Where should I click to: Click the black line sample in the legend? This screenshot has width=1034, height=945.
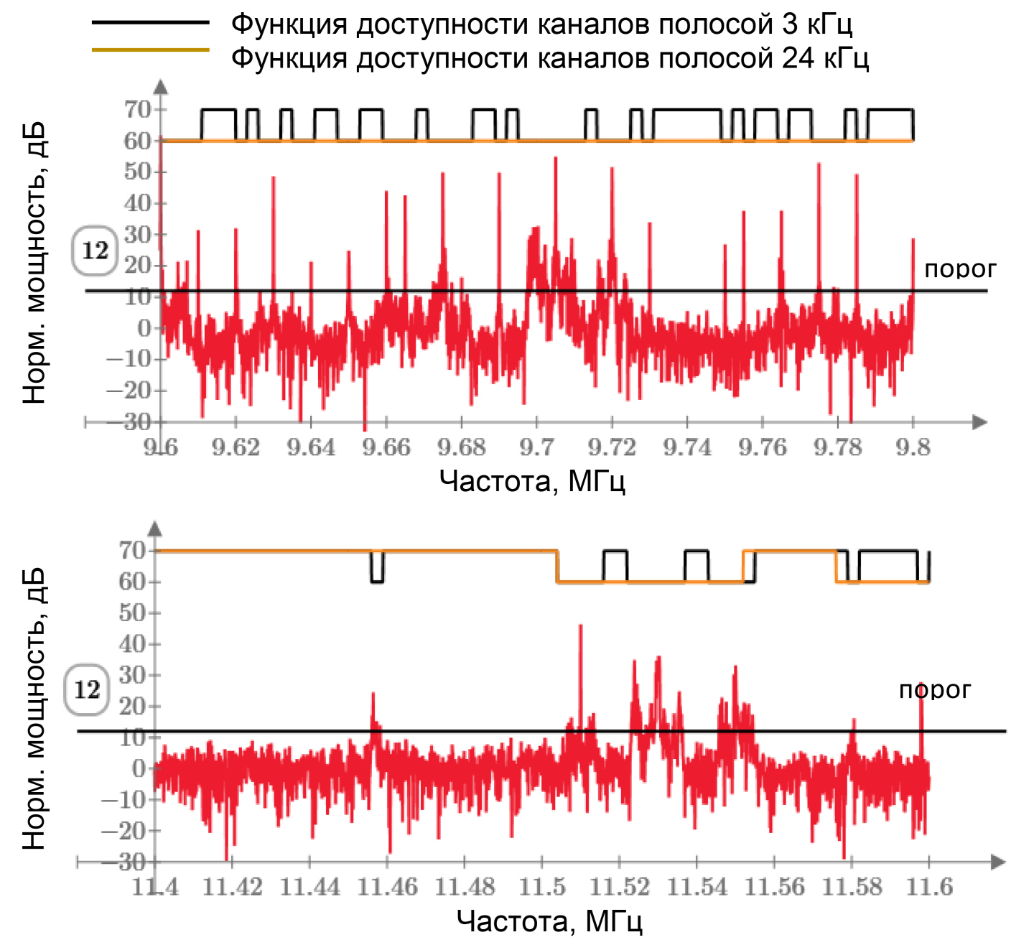click(150, 22)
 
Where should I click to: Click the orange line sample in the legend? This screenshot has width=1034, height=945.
click(150, 50)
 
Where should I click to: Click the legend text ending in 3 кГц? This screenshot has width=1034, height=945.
click(541, 24)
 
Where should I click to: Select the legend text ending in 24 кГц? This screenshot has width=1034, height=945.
click(550, 57)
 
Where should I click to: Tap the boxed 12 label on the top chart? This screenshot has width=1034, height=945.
click(95, 251)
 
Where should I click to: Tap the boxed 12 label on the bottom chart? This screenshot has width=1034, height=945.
click(87, 690)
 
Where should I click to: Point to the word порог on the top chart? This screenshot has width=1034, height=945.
click(960, 269)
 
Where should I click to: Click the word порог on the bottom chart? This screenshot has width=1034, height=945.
click(934, 690)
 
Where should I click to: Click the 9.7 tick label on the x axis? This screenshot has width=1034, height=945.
click(536, 447)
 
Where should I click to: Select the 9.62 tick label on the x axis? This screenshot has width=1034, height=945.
click(236, 447)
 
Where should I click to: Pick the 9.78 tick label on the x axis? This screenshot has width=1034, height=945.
click(837, 447)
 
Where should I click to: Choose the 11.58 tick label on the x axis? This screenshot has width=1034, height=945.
click(852, 888)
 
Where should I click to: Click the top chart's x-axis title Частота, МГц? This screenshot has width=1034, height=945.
click(532, 480)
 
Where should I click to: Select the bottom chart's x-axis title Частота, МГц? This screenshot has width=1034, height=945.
click(549, 921)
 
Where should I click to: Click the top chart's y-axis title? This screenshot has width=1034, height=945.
click(34, 263)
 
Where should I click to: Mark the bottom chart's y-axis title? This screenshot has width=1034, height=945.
click(34, 707)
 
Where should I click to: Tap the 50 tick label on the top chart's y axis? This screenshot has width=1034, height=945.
click(137, 172)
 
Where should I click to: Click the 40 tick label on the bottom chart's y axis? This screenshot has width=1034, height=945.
click(134, 644)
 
